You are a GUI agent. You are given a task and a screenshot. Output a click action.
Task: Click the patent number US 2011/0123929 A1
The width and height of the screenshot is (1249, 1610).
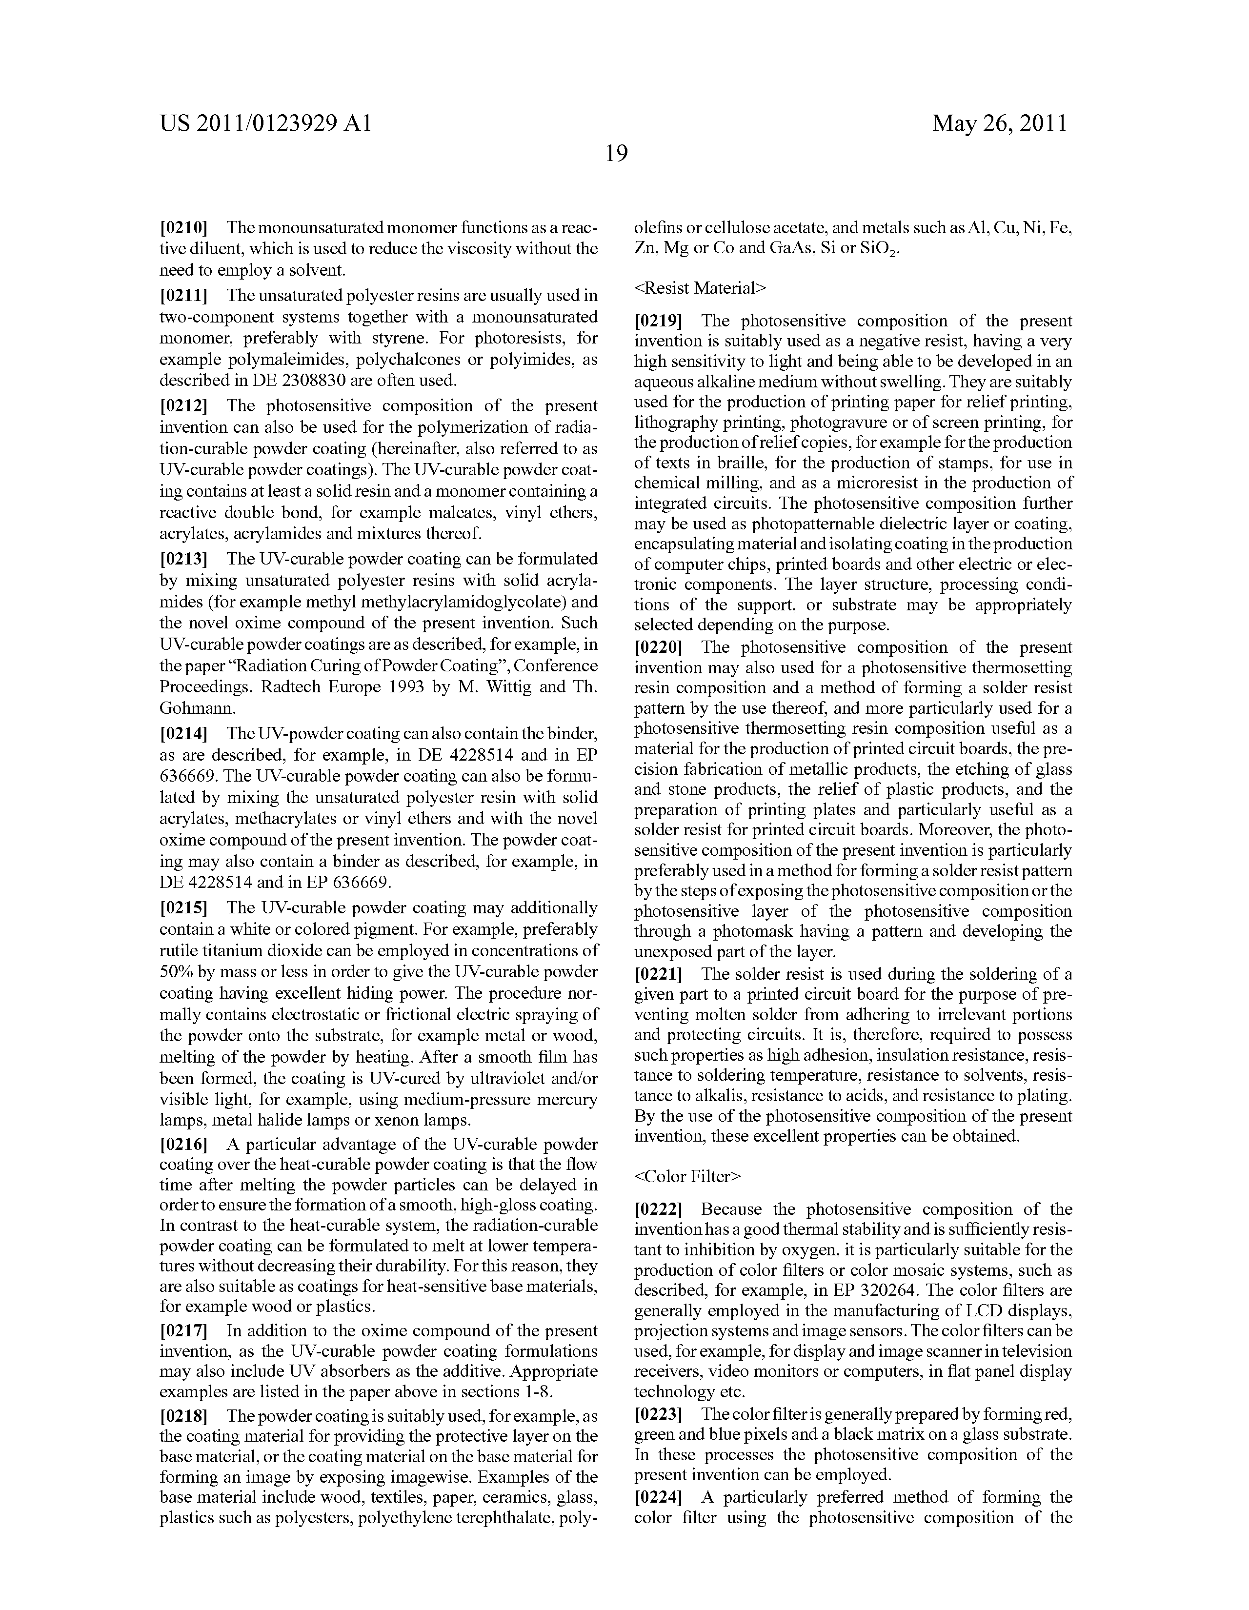click(265, 123)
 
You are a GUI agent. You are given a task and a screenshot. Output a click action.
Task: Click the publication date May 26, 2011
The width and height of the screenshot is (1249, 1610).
click(999, 123)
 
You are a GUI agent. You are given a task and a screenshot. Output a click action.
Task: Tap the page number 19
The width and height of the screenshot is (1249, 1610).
click(616, 153)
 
